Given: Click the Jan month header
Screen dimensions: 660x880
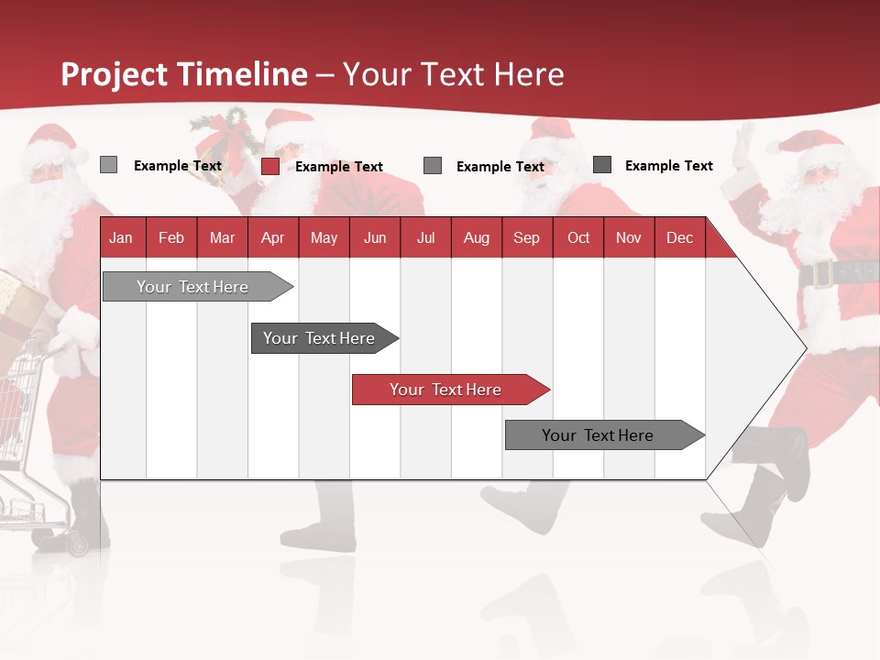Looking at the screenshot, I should (121, 237).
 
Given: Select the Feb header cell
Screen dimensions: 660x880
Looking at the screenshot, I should (171, 237).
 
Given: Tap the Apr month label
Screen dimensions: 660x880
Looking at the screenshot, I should (272, 237).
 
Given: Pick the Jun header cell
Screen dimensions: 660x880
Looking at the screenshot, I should (374, 237).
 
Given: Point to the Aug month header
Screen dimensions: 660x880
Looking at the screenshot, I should (476, 237).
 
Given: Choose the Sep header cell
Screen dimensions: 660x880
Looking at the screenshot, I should (526, 237).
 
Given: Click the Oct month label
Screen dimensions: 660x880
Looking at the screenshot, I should (578, 237).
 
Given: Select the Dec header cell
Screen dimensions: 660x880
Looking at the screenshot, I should (679, 237).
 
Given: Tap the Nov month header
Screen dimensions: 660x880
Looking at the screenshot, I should (629, 237).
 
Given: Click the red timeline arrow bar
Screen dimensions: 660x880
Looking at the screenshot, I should (449, 390).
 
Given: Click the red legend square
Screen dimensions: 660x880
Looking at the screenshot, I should (270, 166).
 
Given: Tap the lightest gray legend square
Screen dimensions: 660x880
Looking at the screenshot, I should (109, 165).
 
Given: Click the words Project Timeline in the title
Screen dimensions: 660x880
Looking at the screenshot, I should (184, 74).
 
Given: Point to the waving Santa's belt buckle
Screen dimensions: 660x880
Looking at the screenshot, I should (820, 273).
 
